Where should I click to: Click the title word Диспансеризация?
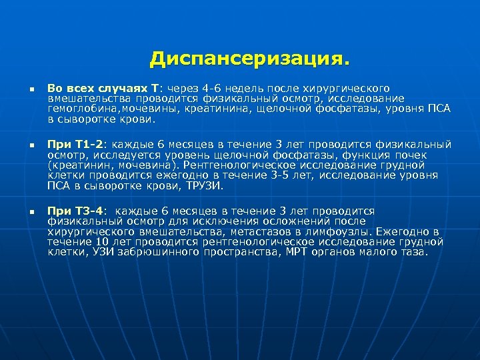tap(249, 59)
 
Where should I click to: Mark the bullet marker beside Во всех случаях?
tap(22, 89)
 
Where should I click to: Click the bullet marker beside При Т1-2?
tap(22, 145)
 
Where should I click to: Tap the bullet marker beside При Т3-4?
tap(22, 211)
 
